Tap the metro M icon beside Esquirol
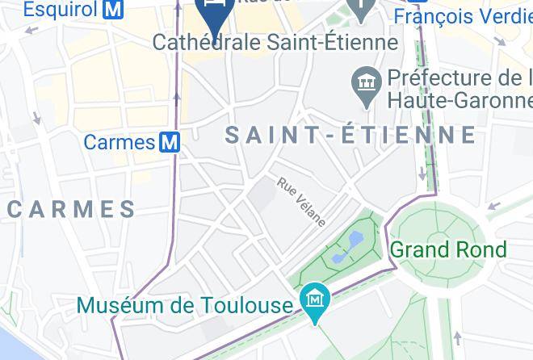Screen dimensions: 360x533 [x=114, y=10]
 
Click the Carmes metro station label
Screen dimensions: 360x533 [x=119, y=143]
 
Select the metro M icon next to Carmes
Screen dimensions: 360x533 [x=170, y=143]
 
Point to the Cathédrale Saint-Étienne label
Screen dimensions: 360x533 [x=275, y=42]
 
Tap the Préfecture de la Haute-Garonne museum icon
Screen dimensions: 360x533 [x=367, y=85]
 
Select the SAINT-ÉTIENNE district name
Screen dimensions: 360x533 [x=350, y=135]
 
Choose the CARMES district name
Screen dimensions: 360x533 [x=72, y=209]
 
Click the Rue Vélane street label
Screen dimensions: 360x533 [x=302, y=201]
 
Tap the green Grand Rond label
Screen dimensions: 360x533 [x=447, y=249]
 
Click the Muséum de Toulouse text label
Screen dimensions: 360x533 [x=184, y=305]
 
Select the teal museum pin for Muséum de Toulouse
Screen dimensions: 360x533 [x=313, y=302]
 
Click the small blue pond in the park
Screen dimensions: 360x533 [x=353, y=240]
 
